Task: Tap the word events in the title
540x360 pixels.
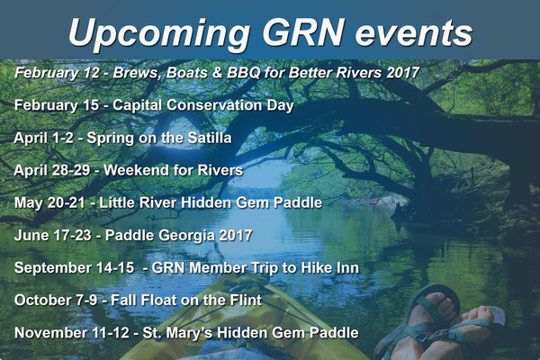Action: click(x=414, y=33)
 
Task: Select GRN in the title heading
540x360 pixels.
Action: click(x=302, y=31)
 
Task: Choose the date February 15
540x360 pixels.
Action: click(x=57, y=105)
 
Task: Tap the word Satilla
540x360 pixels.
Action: click(x=210, y=138)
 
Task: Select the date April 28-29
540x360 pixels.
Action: click(x=52, y=170)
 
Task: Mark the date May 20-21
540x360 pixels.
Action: click(x=49, y=202)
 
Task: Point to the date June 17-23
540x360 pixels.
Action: click(x=53, y=235)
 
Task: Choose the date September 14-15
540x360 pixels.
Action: click(x=74, y=267)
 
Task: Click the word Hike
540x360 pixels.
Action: click(x=311, y=267)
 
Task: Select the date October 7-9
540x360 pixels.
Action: click(x=56, y=300)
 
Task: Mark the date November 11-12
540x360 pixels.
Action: click(x=72, y=333)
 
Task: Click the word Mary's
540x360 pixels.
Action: click(x=188, y=333)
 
